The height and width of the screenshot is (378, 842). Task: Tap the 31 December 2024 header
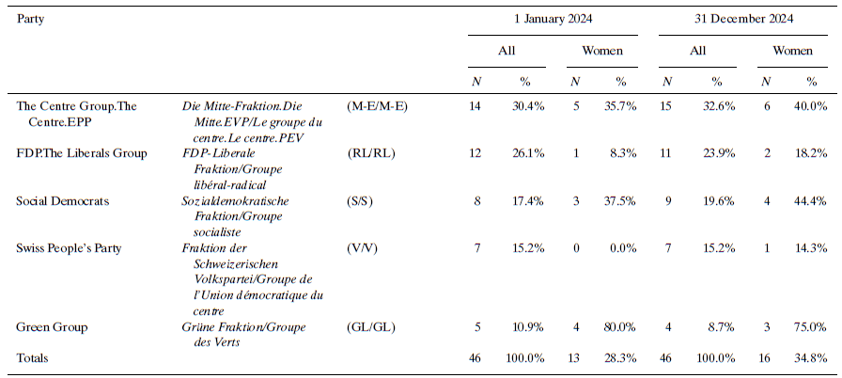(x=741, y=19)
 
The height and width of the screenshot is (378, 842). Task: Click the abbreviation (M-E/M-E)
(x=377, y=106)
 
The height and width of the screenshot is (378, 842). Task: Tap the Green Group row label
(x=52, y=327)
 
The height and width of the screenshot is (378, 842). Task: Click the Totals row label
(x=32, y=358)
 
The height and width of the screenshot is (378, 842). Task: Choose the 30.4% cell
(x=528, y=106)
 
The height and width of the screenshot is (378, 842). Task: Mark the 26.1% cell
(x=528, y=153)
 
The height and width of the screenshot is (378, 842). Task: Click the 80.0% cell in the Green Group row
(x=620, y=327)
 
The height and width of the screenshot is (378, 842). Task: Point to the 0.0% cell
(x=623, y=248)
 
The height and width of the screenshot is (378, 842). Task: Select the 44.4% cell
(x=811, y=201)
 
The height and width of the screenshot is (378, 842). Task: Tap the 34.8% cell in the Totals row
(x=811, y=358)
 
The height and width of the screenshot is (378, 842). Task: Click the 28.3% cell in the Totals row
(x=620, y=358)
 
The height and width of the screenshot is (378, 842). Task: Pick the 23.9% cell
(x=716, y=153)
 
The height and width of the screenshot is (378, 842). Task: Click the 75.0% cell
(x=811, y=327)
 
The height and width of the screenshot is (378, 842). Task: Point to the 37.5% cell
(x=620, y=201)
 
